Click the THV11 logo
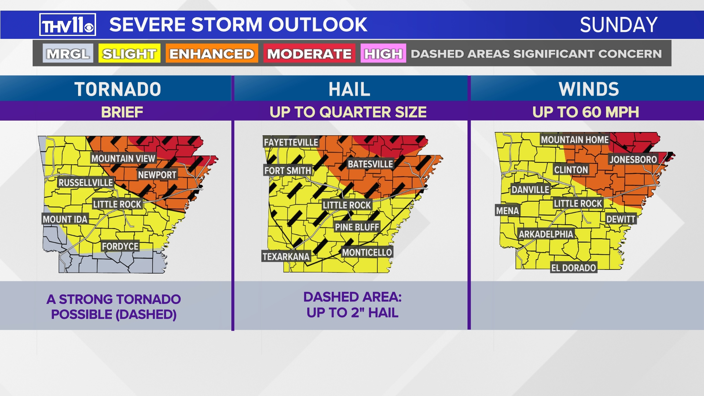67,25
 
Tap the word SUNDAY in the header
619,25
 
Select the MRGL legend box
68,54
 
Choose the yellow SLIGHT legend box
129,54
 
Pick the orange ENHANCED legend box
212,54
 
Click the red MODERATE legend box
309,54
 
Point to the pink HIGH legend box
383,54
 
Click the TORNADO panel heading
117,89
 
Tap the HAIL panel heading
349,89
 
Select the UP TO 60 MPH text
586,112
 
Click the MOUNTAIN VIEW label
123,158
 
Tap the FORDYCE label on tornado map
120,246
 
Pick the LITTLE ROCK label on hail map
346,205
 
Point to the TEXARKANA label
286,256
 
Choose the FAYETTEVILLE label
291,142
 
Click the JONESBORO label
633,159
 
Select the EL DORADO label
573,268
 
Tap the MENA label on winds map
507,210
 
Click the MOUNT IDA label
65,219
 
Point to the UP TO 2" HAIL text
352,313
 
